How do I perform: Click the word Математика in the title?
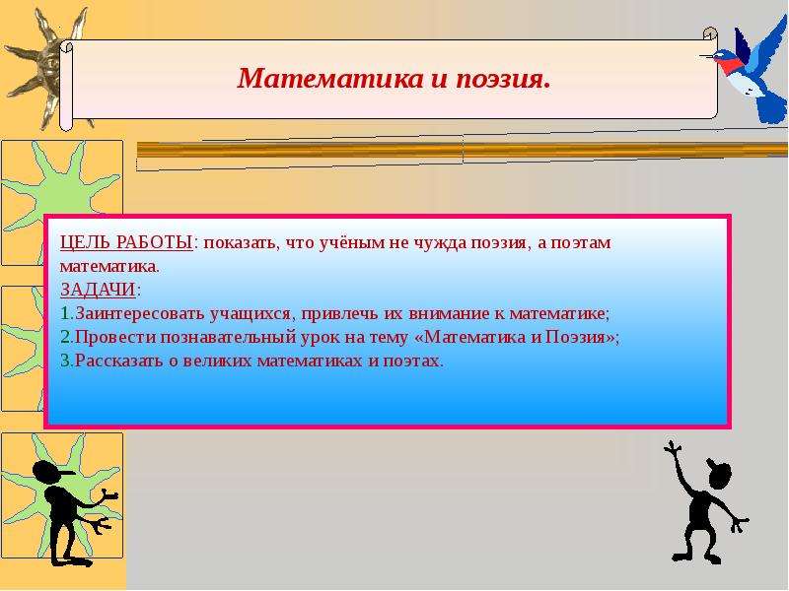pos(330,79)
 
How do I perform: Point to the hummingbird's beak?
pos(706,56)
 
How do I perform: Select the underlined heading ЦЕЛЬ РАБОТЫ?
pos(126,242)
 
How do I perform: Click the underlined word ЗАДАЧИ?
pos(98,290)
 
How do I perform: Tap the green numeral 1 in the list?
pos(65,313)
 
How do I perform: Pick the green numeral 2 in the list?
pos(66,337)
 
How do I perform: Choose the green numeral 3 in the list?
pos(66,361)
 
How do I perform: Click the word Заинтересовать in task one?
pos(140,313)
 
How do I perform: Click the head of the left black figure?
pos(49,473)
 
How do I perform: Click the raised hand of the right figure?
pos(673,447)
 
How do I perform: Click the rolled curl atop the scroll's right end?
pos(710,34)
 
